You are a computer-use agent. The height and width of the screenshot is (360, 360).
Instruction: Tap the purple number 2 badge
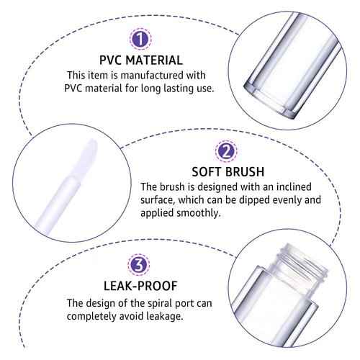tap(225, 152)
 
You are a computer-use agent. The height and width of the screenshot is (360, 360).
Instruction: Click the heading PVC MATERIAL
tap(141, 60)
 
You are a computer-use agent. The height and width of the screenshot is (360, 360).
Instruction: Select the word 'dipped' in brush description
tap(291, 201)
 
